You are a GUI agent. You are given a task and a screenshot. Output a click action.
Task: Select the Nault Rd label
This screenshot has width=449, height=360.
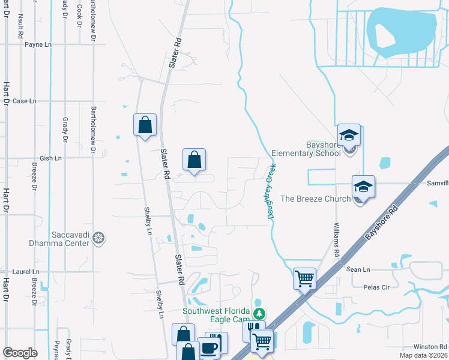tap(20, 26)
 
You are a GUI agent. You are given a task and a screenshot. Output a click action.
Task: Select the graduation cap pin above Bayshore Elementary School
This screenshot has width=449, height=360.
tap(349, 136)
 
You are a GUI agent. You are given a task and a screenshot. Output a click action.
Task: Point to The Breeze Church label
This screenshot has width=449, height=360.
tap(315, 199)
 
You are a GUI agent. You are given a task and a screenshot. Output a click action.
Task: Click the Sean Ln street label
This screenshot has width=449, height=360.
tap(358, 270)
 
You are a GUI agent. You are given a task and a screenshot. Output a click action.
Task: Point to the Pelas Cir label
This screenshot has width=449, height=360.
tap(376, 287)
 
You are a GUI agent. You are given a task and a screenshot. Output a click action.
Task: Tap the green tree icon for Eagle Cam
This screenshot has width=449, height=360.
tap(259, 313)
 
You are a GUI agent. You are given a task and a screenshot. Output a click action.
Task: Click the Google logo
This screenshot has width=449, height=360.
tap(20, 353)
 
